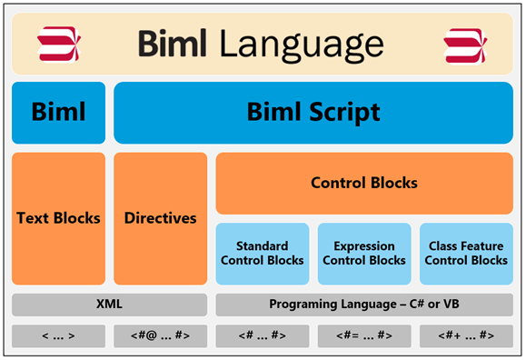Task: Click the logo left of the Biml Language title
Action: (x=59, y=44)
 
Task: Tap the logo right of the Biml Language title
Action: (x=465, y=46)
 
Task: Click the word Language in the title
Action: (x=302, y=45)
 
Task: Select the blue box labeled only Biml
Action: (x=58, y=113)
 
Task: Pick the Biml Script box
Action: (x=313, y=113)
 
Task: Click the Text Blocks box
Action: (x=58, y=218)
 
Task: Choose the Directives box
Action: (x=161, y=218)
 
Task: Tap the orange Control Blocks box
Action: (x=364, y=184)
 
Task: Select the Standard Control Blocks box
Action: (x=263, y=254)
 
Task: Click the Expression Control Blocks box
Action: (x=364, y=254)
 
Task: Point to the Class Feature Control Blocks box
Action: (x=466, y=254)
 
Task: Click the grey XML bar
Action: (x=109, y=305)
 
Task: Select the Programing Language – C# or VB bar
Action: (x=364, y=305)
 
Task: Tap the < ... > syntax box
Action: (x=58, y=335)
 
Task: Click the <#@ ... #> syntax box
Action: (x=161, y=335)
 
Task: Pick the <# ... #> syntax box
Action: (x=263, y=335)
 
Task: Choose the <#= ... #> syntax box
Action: (x=364, y=335)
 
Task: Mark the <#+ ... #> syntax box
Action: (x=466, y=335)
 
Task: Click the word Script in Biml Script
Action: (x=344, y=113)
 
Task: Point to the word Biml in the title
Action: (x=173, y=43)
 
